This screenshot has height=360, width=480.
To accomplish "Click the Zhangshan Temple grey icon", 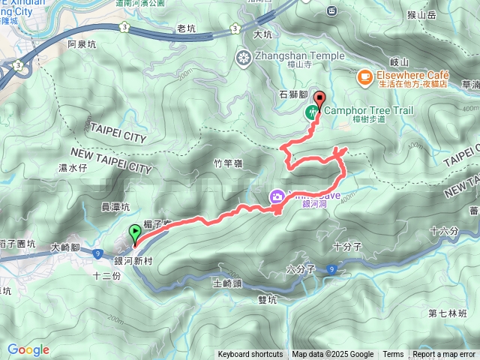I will point(244,56).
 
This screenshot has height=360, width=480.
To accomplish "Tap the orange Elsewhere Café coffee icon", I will point(364,75).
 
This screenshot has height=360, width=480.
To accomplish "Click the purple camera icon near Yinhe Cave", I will point(277,197).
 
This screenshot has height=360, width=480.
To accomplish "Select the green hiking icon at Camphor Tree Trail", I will point(311,113).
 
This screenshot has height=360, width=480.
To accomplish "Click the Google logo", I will point(28,349).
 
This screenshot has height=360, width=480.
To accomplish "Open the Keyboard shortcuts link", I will point(250,355).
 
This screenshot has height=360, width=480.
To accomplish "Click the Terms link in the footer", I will point(393,355).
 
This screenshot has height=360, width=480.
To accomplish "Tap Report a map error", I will point(444,355).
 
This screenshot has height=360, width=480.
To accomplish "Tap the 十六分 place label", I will point(444,231).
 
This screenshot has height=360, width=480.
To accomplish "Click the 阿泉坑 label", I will point(82,45).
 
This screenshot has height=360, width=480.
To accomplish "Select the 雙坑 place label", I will point(267,298).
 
